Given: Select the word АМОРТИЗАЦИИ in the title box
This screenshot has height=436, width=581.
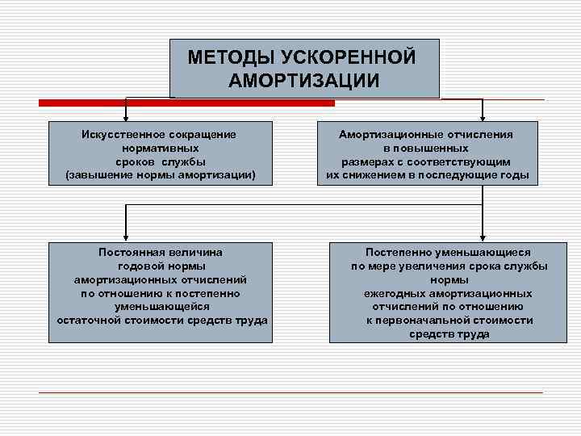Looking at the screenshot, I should [x=303, y=81].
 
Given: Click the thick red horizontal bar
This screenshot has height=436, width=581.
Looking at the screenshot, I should [x=186, y=103].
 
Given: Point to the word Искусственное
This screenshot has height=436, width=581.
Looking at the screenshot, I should [x=119, y=135].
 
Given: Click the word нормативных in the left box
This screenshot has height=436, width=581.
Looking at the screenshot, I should [x=161, y=149].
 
